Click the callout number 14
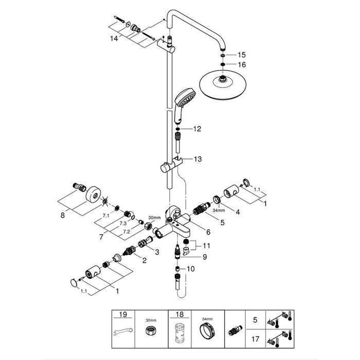point(113,39)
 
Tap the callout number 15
point(242,55)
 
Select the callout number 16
point(242,64)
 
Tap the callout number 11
point(206,246)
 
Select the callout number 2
point(145,261)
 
